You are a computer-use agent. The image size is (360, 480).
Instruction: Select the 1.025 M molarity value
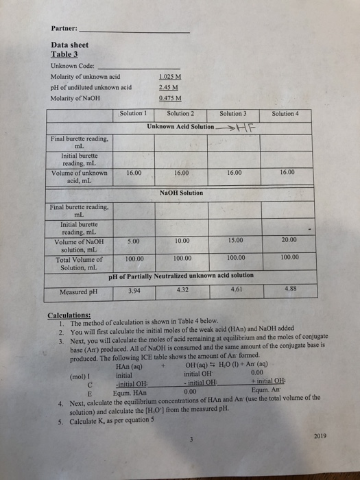[169, 75]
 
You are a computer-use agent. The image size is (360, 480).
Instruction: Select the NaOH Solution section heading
[181, 193]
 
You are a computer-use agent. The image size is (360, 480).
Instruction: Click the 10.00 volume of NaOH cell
[182, 241]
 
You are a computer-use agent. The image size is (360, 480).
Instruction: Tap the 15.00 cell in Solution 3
[233, 241]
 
